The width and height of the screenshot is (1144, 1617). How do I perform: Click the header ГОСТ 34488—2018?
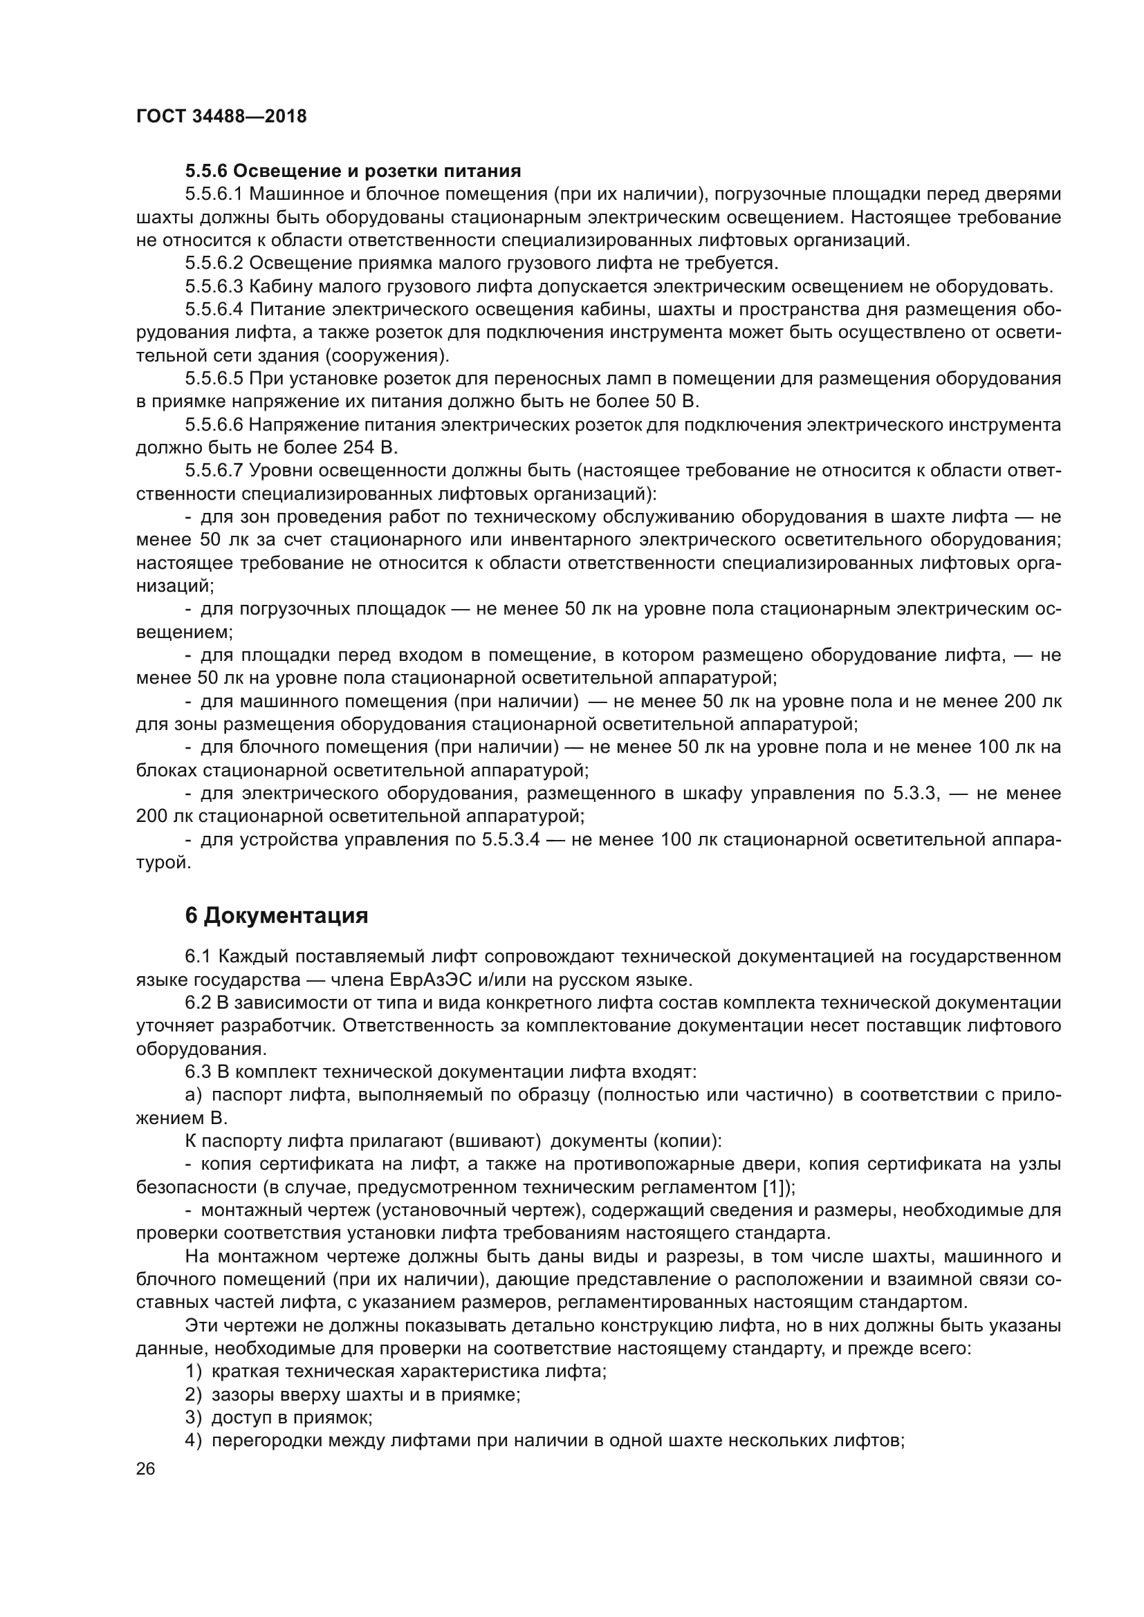(221, 117)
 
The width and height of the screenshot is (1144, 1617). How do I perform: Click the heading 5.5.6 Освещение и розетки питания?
(353, 171)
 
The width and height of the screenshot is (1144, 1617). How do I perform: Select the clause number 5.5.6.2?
(214, 263)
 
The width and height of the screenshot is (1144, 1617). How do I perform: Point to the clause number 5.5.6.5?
(214, 379)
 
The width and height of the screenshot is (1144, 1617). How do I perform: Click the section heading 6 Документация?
(276, 915)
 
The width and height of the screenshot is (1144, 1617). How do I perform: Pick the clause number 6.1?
(198, 956)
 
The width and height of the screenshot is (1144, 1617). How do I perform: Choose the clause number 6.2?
(198, 1003)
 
